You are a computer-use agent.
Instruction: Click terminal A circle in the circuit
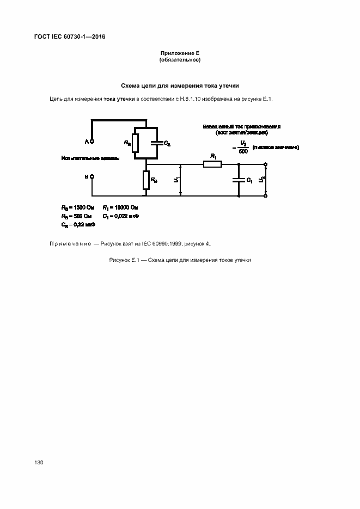coord(91,142)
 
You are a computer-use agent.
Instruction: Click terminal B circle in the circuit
coord(91,176)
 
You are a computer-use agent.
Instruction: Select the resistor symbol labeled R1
coord(212,164)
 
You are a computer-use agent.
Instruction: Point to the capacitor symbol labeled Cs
coord(157,143)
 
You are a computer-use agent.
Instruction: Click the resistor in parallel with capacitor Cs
coord(135,143)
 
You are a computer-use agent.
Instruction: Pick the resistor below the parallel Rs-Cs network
coord(146,180)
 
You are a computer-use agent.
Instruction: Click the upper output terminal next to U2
coord(265,164)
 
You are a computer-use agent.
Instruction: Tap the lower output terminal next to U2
coord(265,195)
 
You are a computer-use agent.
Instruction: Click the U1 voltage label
coord(175,179)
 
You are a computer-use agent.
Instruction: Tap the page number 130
coord(39,462)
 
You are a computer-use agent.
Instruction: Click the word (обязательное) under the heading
coord(180,60)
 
